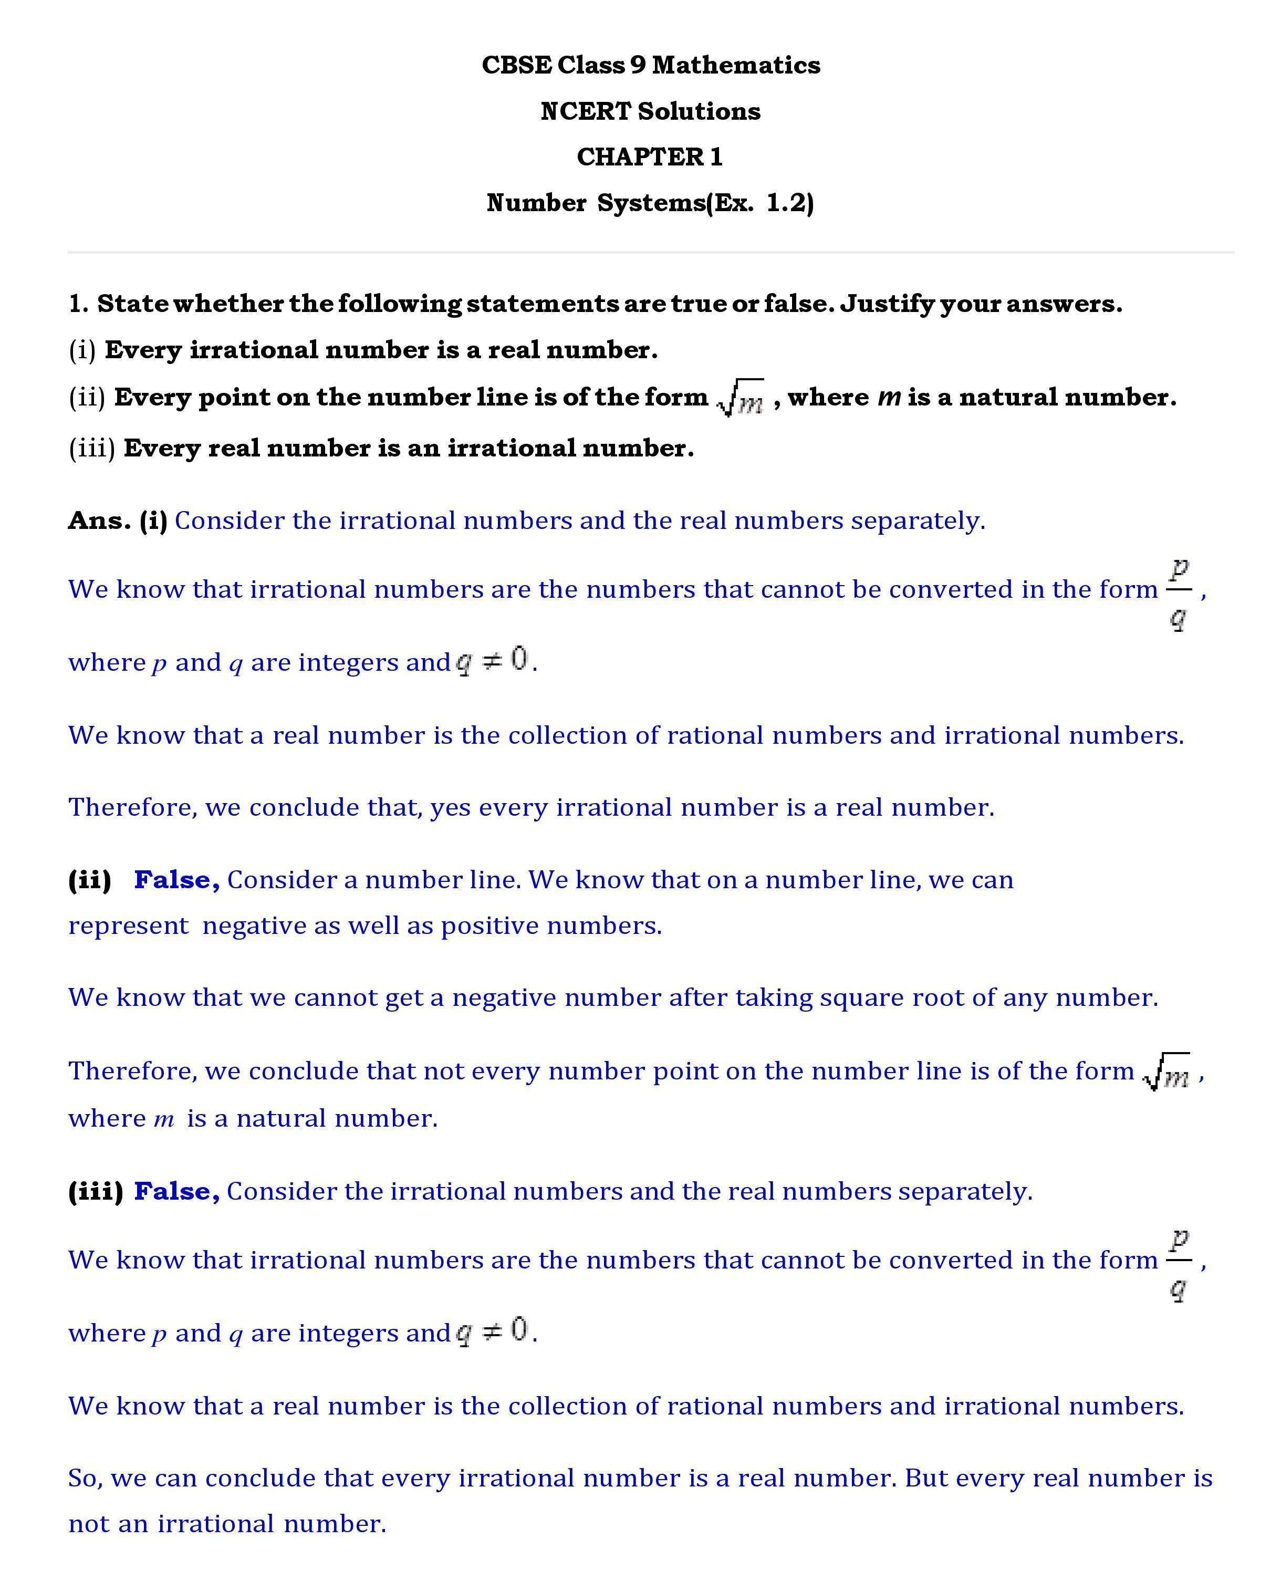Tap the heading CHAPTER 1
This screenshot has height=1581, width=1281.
pos(649,157)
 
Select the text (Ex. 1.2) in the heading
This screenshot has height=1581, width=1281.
pos(760,202)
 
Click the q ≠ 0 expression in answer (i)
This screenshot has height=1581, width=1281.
pos(492,660)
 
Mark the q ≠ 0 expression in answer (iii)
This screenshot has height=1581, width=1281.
pos(492,1332)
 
